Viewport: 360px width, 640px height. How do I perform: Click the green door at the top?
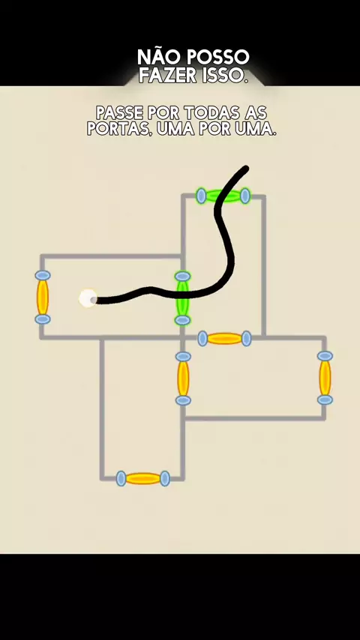(223, 196)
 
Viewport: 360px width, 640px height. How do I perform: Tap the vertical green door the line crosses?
(183, 298)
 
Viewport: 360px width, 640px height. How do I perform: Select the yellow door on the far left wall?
(43, 297)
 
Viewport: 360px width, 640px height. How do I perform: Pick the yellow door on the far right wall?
(325, 378)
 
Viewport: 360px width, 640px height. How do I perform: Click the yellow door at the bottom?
(143, 478)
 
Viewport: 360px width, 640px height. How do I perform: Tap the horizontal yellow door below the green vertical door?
(224, 339)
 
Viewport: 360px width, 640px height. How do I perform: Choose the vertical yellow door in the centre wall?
(183, 378)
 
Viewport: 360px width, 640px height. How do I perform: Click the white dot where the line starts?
(88, 298)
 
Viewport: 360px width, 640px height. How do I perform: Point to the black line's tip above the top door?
(247, 168)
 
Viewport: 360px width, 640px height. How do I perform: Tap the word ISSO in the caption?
(229, 76)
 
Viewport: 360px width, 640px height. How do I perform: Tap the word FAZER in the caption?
(172, 76)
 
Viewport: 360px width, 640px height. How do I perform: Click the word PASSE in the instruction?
(119, 112)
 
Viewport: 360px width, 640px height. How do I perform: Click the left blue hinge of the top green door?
(201, 196)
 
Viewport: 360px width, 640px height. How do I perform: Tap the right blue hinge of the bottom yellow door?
(165, 478)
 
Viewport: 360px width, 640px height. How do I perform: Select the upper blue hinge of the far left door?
(43, 276)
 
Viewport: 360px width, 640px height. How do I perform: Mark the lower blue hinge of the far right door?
(325, 400)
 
